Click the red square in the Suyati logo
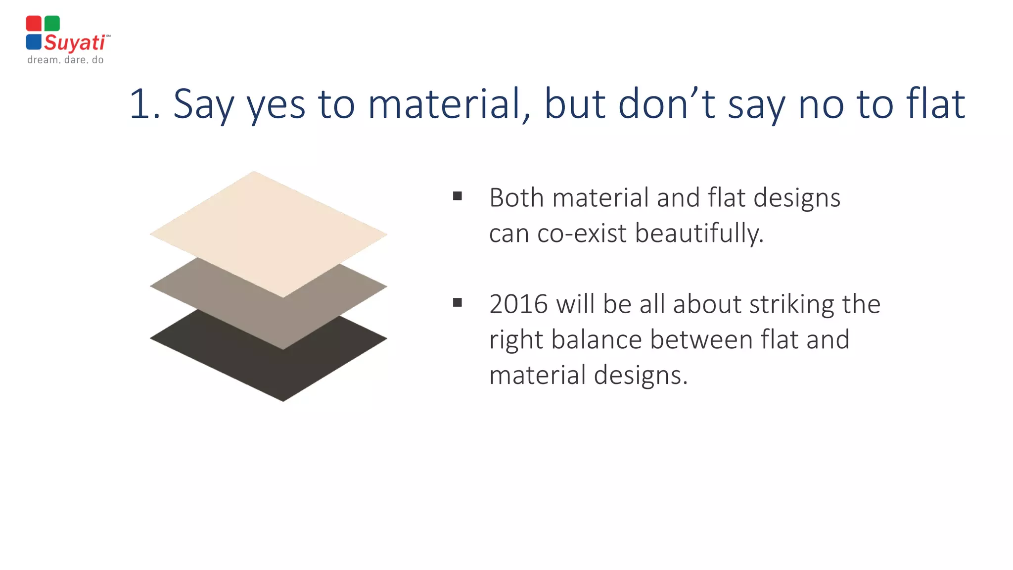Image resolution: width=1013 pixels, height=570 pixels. click(x=34, y=23)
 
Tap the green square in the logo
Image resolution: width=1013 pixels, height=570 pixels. click(x=52, y=23)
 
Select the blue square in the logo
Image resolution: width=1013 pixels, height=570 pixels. click(x=34, y=42)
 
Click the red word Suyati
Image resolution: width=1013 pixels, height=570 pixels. click(x=75, y=43)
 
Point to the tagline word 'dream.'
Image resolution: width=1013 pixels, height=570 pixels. click(x=44, y=60)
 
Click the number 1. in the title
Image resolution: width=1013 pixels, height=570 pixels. click(x=144, y=104)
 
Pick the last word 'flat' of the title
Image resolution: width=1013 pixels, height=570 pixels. click(x=935, y=104)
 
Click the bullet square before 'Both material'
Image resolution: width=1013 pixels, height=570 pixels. click(x=458, y=196)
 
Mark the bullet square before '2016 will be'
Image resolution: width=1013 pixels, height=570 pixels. click(x=458, y=302)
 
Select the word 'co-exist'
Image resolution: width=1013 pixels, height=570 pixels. click(x=582, y=234)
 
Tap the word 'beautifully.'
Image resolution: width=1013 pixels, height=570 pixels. click(x=699, y=234)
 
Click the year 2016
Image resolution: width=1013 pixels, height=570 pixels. click(x=518, y=304)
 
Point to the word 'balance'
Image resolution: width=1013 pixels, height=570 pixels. click(x=596, y=340)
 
